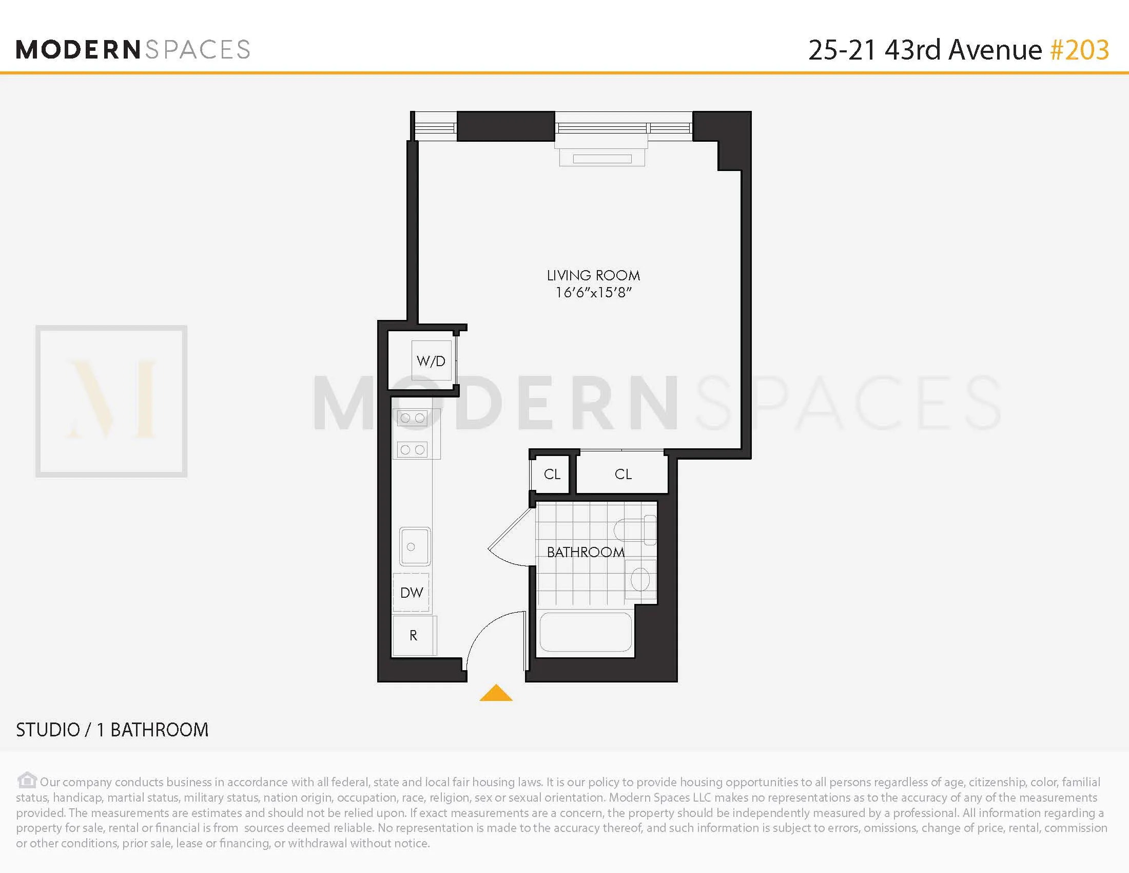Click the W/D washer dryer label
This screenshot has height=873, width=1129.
tap(431, 361)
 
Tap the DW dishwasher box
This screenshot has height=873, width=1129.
tap(412, 592)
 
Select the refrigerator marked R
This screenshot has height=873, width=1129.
tap(414, 636)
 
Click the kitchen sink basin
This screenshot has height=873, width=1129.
tap(415, 547)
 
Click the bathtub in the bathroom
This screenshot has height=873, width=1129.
tap(586, 632)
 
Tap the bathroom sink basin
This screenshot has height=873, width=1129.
tap(640, 579)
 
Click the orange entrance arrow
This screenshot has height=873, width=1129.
tap(496, 693)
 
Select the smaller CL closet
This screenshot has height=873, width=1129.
tap(552, 475)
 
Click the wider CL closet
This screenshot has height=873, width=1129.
tap(623, 475)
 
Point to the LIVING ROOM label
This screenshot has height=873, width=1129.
tap(593, 276)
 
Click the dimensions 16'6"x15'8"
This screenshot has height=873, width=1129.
tap(593, 293)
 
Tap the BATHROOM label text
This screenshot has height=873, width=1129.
tap(585, 553)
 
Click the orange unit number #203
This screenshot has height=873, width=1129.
tap(1079, 50)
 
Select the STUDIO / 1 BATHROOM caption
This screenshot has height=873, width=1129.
tap(112, 730)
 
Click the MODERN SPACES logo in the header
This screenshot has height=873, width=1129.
tap(133, 50)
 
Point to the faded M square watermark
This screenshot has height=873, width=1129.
tap(111, 401)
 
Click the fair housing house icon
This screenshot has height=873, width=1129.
tap(27, 780)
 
